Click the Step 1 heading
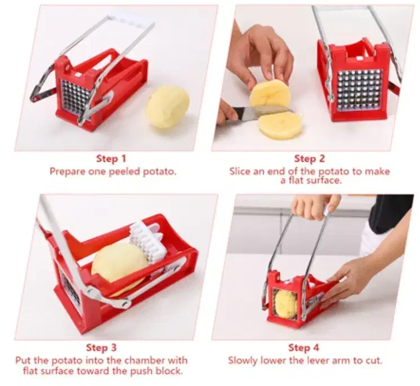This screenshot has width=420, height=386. [111, 159]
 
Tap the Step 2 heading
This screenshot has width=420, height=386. [310, 159]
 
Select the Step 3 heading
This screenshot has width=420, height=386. [101, 348]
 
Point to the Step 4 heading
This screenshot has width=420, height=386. [304, 348]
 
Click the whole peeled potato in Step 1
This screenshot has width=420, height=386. [168, 107]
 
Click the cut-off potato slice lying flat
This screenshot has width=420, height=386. [280, 126]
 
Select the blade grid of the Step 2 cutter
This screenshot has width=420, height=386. [359, 89]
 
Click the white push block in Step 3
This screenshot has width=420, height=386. [149, 240]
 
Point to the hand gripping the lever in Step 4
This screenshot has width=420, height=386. [315, 206]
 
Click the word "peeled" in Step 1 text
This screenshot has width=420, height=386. [124, 171]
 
